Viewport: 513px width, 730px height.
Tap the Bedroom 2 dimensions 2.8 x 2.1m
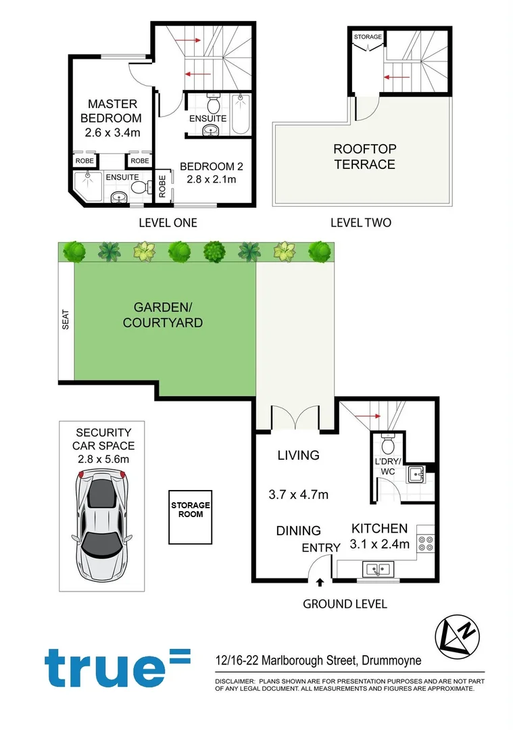coord(212,179)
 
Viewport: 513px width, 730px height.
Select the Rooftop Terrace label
coord(364,156)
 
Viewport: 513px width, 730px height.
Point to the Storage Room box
coord(190,516)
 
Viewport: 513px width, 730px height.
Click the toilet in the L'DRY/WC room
coord(388,445)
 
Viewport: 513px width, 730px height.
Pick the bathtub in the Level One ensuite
coord(241,114)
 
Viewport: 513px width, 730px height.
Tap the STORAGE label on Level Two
coord(368,36)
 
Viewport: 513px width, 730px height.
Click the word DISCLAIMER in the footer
coord(233,680)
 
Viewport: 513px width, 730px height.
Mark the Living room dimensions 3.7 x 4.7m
coord(298,495)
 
